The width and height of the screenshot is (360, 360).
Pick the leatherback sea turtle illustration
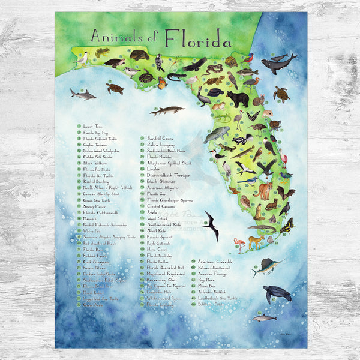277,293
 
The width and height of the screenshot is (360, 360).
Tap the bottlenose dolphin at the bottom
263,318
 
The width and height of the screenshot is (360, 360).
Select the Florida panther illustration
263,191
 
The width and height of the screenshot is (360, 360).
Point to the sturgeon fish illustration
167,110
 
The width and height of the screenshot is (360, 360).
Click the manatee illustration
217,134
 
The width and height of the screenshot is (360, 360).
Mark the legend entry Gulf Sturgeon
96,262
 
